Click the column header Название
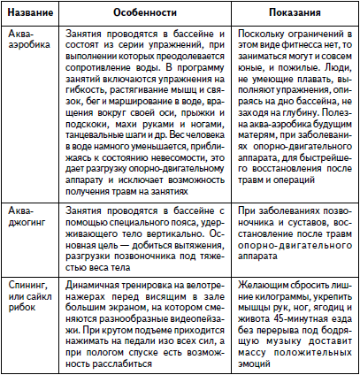click(x=30, y=14)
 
